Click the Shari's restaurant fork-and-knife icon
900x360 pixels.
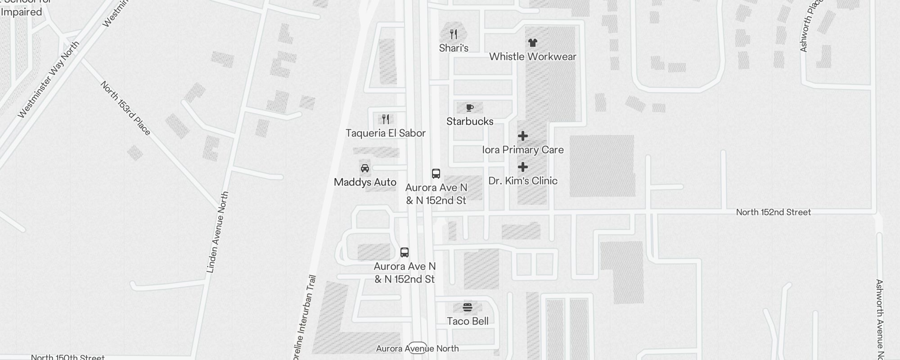(x=454, y=34)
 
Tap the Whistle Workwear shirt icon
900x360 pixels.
(x=533, y=43)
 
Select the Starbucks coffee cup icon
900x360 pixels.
(x=470, y=108)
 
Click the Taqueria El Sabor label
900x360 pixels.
(x=386, y=133)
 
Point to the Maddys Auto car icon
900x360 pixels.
(x=365, y=168)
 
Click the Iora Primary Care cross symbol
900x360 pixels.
(x=523, y=136)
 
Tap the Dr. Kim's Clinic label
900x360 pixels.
(x=523, y=181)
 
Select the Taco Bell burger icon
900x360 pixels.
(x=468, y=308)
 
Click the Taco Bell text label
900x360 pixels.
(x=468, y=321)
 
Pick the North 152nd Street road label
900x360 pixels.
(x=773, y=212)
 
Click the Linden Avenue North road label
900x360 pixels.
(x=218, y=232)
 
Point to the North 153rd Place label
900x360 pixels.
(x=126, y=108)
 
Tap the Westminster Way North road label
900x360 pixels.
(x=48, y=80)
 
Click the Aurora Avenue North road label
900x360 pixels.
(x=417, y=349)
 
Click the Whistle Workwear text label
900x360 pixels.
(x=533, y=57)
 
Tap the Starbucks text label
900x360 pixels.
(x=470, y=121)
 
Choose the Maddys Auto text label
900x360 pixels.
(x=365, y=182)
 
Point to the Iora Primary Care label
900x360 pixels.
(x=523, y=150)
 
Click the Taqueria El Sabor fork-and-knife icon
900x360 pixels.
(x=386, y=119)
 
